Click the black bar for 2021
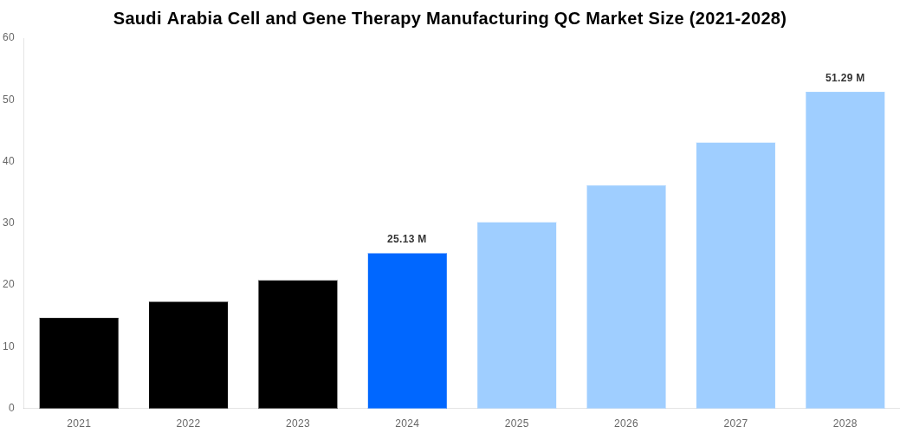point(79,363)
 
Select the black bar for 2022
point(188,355)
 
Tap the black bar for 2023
point(297,344)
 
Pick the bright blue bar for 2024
point(407,331)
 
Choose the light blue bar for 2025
point(516,315)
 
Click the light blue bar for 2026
point(626,296)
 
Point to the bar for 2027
point(735,275)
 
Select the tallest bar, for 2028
point(845,249)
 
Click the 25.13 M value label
point(407,239)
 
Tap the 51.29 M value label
point(845,78)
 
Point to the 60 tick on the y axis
point(9,37)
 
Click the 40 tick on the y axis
point(9,161)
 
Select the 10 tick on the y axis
point(9,346)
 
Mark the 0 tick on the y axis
point(11,408)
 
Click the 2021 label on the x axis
point(79,423)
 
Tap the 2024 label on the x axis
point(407,423)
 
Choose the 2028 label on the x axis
point(845,423)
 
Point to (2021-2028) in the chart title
point(737,18)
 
